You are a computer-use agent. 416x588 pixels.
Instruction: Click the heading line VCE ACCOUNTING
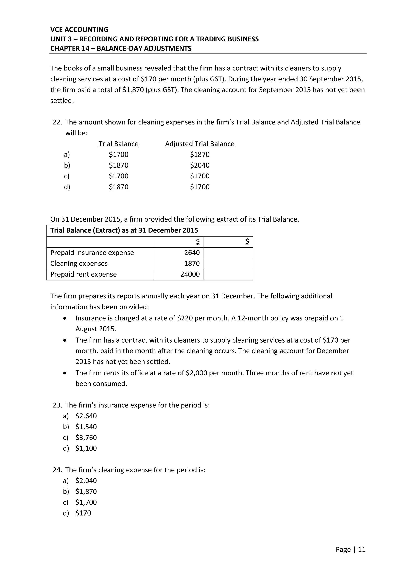coord(79,30)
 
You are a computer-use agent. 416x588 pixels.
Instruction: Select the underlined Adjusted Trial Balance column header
coord(199,144)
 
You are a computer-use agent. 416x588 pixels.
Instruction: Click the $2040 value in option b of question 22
coord(199,165)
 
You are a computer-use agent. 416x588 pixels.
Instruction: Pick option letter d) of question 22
coord(67,187)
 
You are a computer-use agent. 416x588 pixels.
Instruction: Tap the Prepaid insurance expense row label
coord(92,253)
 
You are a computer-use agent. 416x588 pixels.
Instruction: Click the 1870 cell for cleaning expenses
coord(192,263)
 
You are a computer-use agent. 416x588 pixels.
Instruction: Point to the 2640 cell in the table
coord(192,253)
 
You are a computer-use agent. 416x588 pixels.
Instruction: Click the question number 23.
coord(57,405)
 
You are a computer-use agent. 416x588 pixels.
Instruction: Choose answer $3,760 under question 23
coord(86,437)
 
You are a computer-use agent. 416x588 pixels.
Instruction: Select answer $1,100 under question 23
coord(86,448)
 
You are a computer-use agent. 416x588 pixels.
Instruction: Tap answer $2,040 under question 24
coord(86,481)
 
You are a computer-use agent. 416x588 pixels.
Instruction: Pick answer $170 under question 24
coord(83,513)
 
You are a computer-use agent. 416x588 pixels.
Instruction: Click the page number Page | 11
coord(350,549)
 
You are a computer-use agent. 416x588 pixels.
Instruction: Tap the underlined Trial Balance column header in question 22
coord(118,144)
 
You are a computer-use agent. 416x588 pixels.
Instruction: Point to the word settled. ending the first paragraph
coord(62,101)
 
